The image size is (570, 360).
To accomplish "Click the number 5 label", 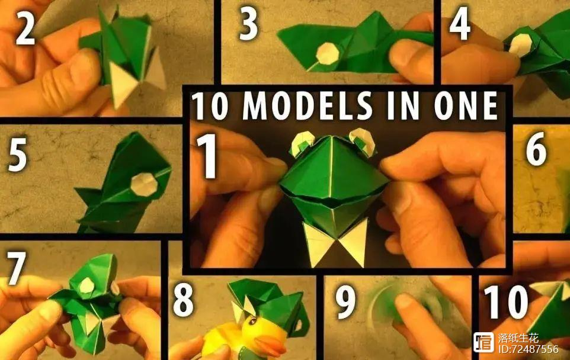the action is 17,154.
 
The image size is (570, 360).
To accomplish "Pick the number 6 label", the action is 536,149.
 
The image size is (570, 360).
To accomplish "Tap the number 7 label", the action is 17,268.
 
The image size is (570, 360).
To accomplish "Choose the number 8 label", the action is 184,300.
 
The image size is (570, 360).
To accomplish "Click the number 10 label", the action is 505,301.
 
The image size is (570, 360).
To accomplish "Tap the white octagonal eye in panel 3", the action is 327,54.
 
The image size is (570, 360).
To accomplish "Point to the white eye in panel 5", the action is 144,184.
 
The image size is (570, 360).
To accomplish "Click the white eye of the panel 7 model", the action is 87,285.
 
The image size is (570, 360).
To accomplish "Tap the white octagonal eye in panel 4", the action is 520,46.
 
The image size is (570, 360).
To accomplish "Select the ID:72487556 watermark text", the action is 528,349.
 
